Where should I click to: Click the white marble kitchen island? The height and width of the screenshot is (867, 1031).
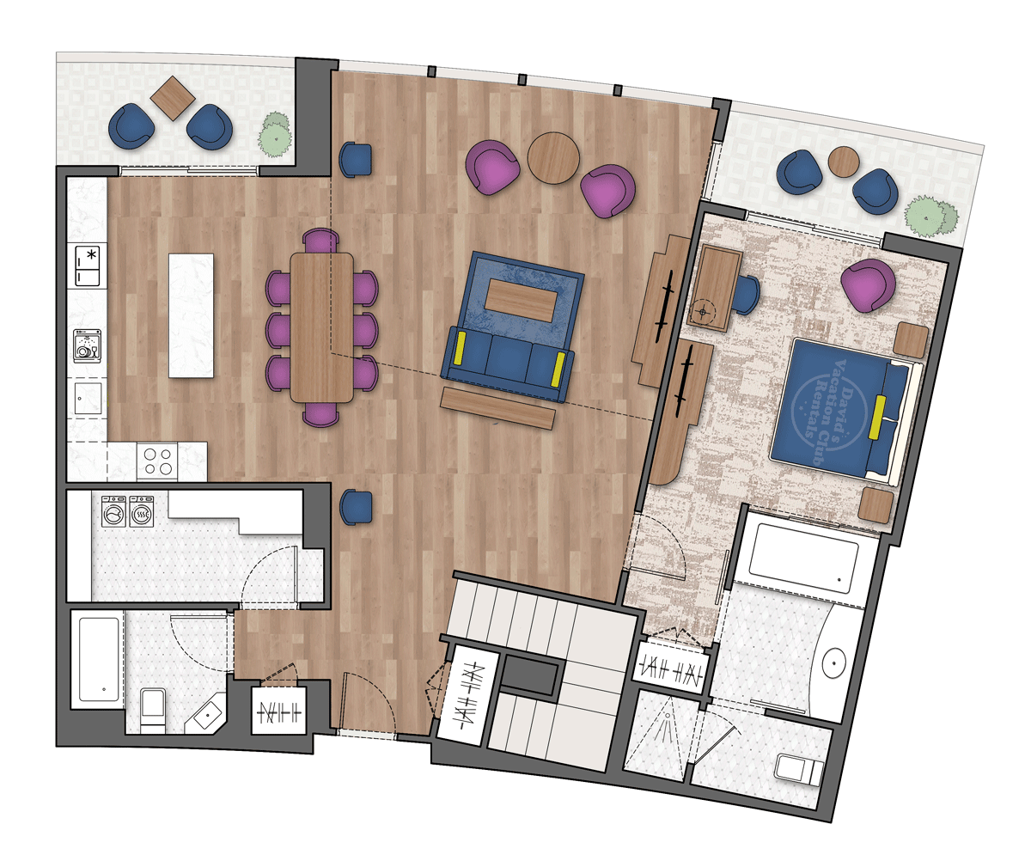tap(191, 315)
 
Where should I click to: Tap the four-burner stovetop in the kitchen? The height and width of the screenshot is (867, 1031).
tap(157, 461)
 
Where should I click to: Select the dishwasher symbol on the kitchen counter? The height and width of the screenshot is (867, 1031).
tap(88, 346)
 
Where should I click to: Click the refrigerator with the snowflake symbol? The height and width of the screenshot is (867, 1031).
tap(88, 266)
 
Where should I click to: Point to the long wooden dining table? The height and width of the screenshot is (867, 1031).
tap(321, 327)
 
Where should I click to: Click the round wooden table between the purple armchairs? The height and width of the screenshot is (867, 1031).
tap(553, 158)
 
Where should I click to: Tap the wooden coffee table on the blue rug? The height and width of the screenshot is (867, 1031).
tap(521, 300)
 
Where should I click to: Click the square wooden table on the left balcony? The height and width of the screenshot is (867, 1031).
tap(173, 98)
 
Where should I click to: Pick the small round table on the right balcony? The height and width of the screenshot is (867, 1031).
tap(844, 162)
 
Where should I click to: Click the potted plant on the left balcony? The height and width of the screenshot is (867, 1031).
tap(275, 134)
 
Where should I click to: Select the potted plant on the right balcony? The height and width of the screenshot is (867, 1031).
tap(930, 217)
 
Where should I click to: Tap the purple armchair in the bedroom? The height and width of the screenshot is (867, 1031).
tap(868, 285)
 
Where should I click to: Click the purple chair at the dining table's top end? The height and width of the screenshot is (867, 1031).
tap(321, 241)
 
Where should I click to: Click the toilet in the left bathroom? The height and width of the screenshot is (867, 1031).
tap(153, 710)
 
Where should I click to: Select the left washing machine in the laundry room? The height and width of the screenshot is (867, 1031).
tap(113, 511)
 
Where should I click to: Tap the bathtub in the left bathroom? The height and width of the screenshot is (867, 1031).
tap(99, 659)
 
